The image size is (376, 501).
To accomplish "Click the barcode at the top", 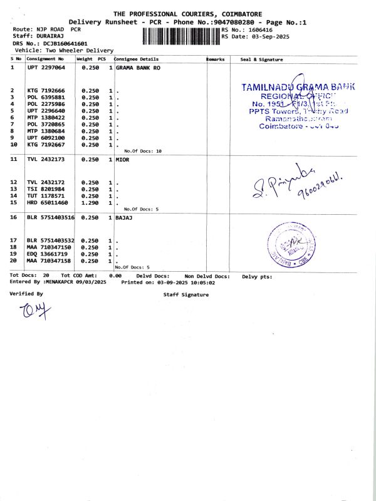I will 182,36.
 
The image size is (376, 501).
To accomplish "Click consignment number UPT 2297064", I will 46,67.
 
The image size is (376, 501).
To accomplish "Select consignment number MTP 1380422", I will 46,117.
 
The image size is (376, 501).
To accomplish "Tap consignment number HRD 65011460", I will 48,203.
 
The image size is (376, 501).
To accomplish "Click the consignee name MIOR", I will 123,160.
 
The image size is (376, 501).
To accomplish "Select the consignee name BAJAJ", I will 125,217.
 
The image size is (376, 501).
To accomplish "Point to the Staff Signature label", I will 185,294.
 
